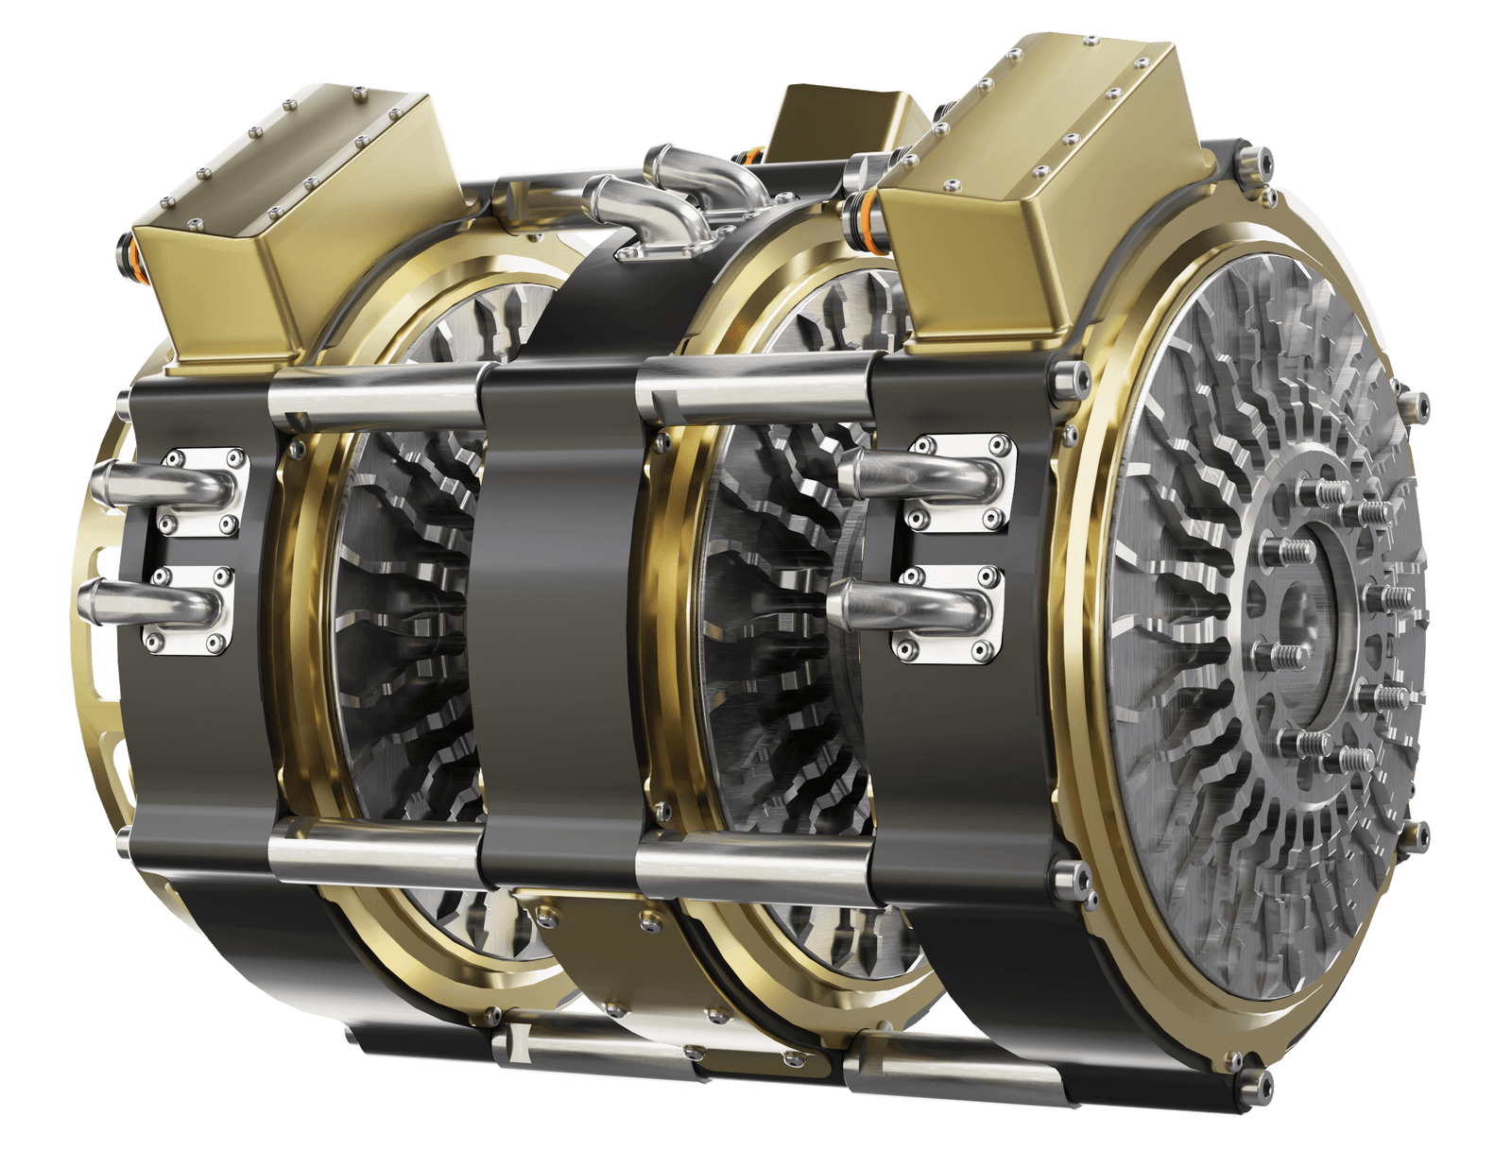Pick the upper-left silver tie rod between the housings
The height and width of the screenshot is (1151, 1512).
tap(378, 402)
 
